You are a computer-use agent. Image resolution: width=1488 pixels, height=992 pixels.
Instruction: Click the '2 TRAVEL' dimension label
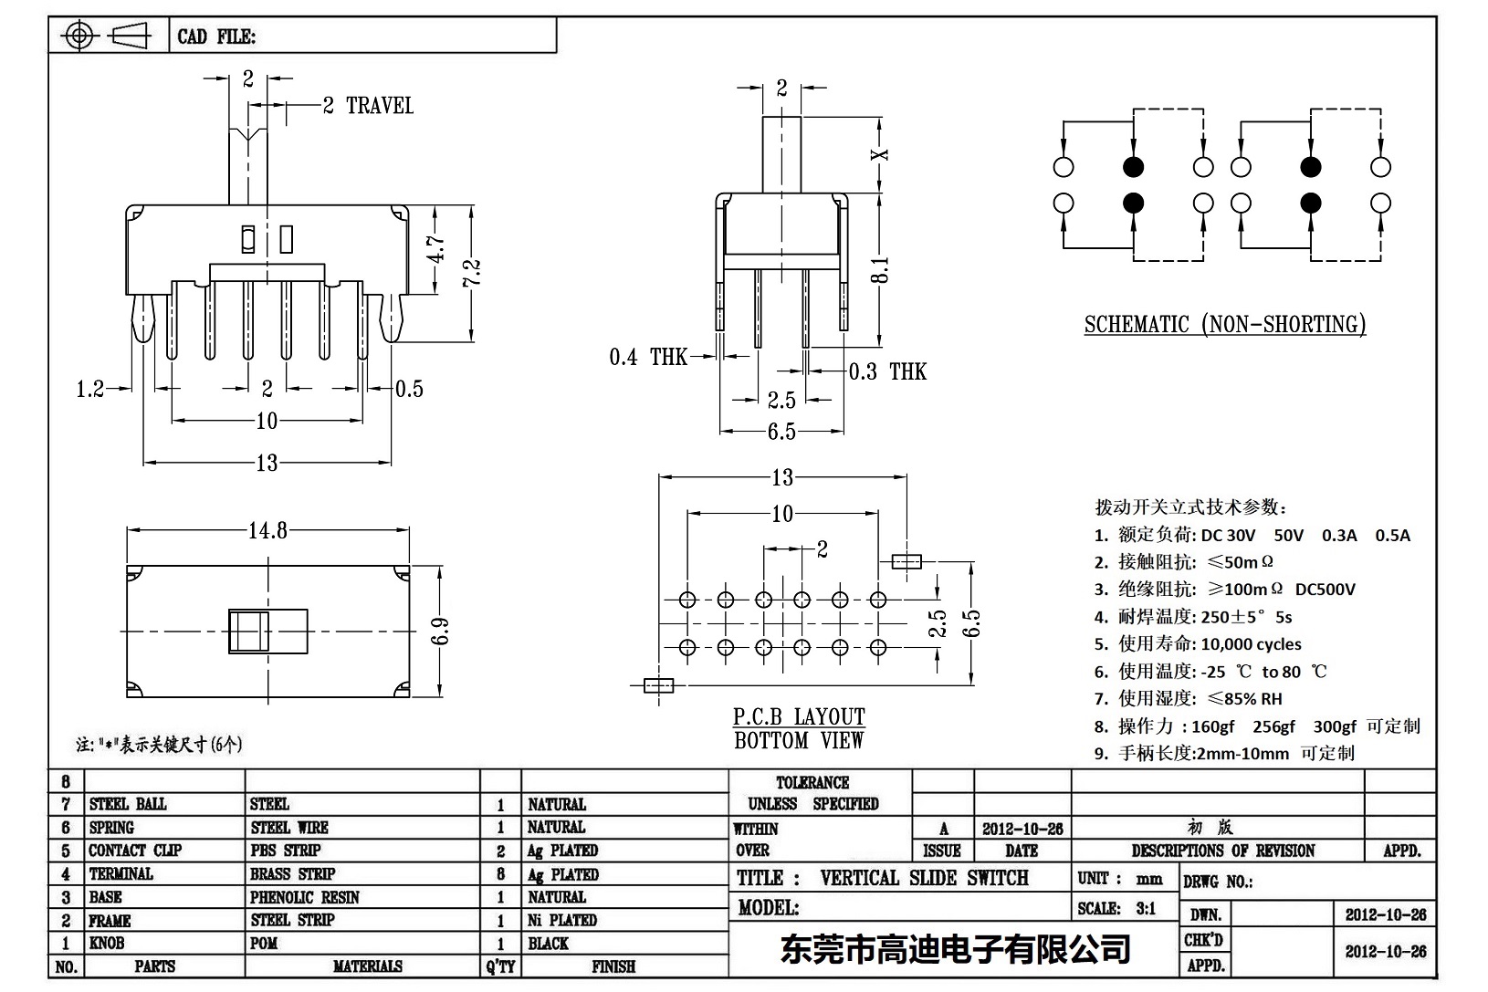(368, 106)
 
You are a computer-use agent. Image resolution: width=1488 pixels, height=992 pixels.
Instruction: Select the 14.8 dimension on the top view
(267, 531)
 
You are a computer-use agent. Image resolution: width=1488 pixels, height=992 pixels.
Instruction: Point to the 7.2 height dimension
(472, 274)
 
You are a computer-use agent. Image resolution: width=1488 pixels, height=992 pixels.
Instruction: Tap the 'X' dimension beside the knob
(880, 154)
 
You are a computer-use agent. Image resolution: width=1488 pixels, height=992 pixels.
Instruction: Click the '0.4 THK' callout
(647, 357)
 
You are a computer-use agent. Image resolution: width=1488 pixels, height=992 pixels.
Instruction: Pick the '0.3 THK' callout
(887, 371)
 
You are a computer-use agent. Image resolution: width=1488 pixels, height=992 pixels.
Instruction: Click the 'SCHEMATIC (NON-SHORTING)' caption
(1224, 325)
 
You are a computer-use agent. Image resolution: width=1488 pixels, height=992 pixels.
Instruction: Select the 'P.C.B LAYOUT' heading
(799, 717)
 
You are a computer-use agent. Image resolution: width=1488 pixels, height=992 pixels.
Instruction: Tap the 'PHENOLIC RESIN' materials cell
(305, 897)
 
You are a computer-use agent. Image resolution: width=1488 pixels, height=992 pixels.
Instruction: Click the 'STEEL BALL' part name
(128, 804)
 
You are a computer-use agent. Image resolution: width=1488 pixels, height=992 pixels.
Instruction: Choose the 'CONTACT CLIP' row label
(135, 851)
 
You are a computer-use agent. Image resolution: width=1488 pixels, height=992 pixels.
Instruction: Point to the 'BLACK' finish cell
(548, 944)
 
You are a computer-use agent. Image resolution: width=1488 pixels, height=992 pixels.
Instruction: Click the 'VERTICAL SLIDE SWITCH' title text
(924, 878)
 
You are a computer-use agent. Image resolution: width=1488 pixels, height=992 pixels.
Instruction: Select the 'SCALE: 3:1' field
(1116, 908)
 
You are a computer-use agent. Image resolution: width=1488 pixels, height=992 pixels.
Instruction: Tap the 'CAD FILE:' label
(216, 37)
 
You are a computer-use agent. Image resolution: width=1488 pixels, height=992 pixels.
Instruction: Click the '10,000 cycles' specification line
(1251, 644)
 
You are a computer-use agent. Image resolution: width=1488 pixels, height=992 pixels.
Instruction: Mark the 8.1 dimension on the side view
(880, 270)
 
